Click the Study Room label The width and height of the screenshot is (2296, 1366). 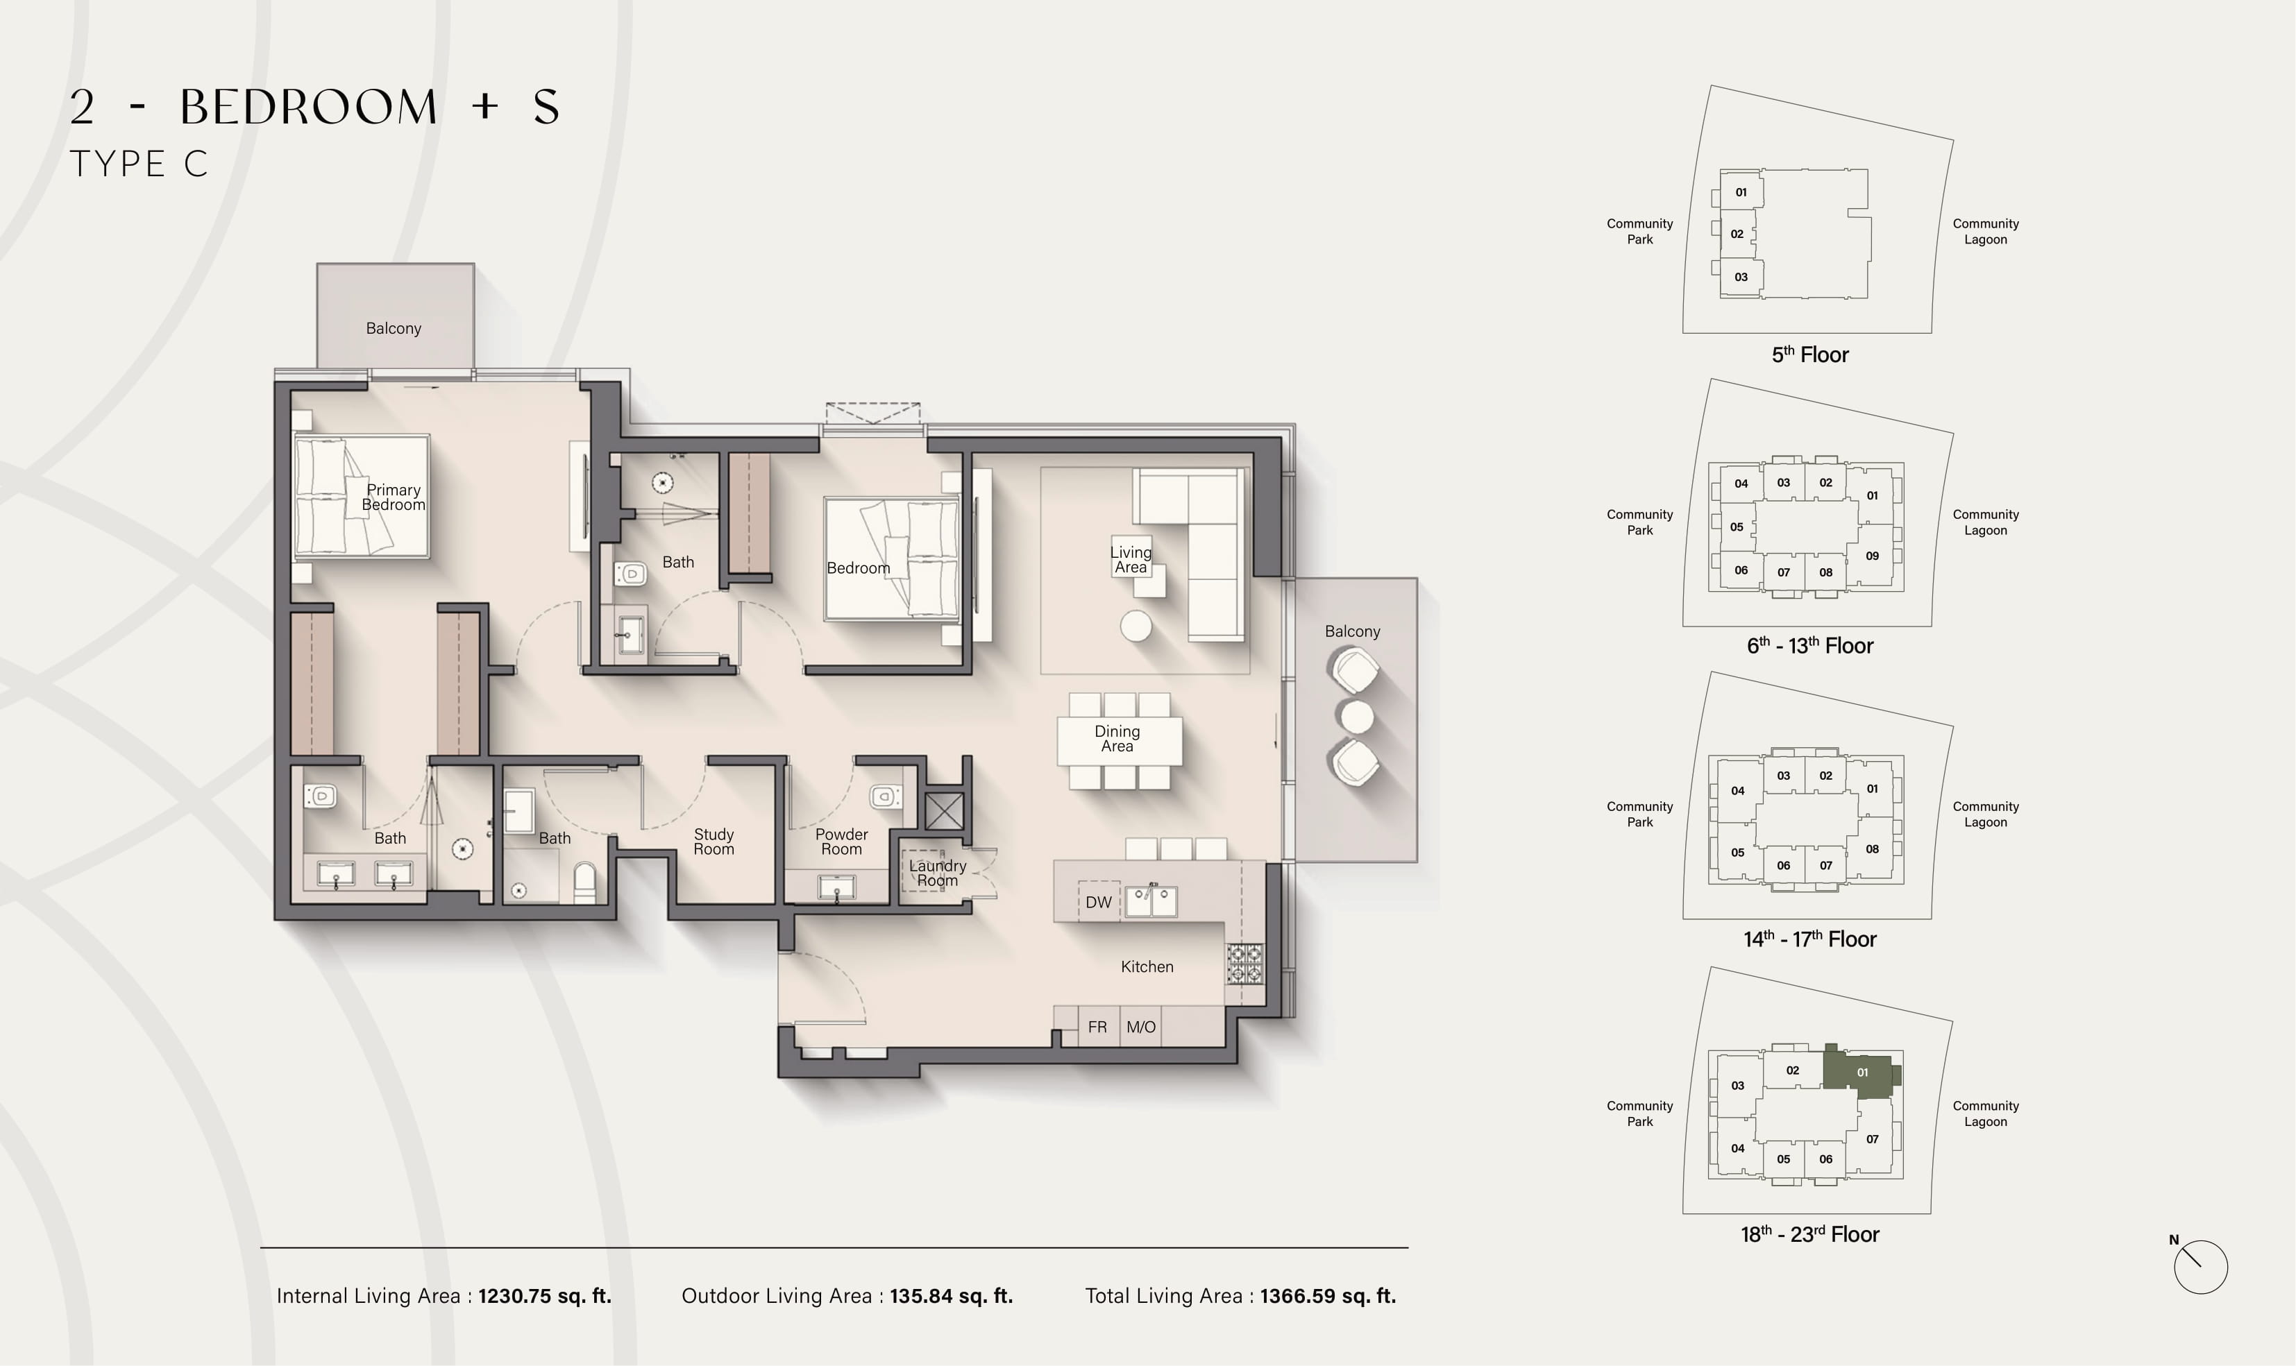click(714, 842)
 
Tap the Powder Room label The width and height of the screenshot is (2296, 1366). click(841, 842)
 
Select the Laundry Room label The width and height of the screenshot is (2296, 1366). click(937, 873)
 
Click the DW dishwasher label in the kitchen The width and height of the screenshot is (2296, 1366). click(1098, 902)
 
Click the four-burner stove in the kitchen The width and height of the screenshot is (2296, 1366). click(1244, 964)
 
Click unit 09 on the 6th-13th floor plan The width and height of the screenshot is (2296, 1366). click(1872, 556)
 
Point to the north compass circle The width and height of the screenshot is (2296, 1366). click(2200, 1267)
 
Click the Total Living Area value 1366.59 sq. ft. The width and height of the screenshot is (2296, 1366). click(1328, 1296)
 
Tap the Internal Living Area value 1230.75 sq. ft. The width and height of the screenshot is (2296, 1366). click(545, 1296)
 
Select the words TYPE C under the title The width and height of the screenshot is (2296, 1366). click(139, 164)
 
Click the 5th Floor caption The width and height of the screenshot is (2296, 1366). click(1810, 355)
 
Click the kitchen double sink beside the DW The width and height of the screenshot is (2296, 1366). click(1150, 901)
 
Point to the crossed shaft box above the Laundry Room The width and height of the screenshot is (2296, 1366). click(945, 811)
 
